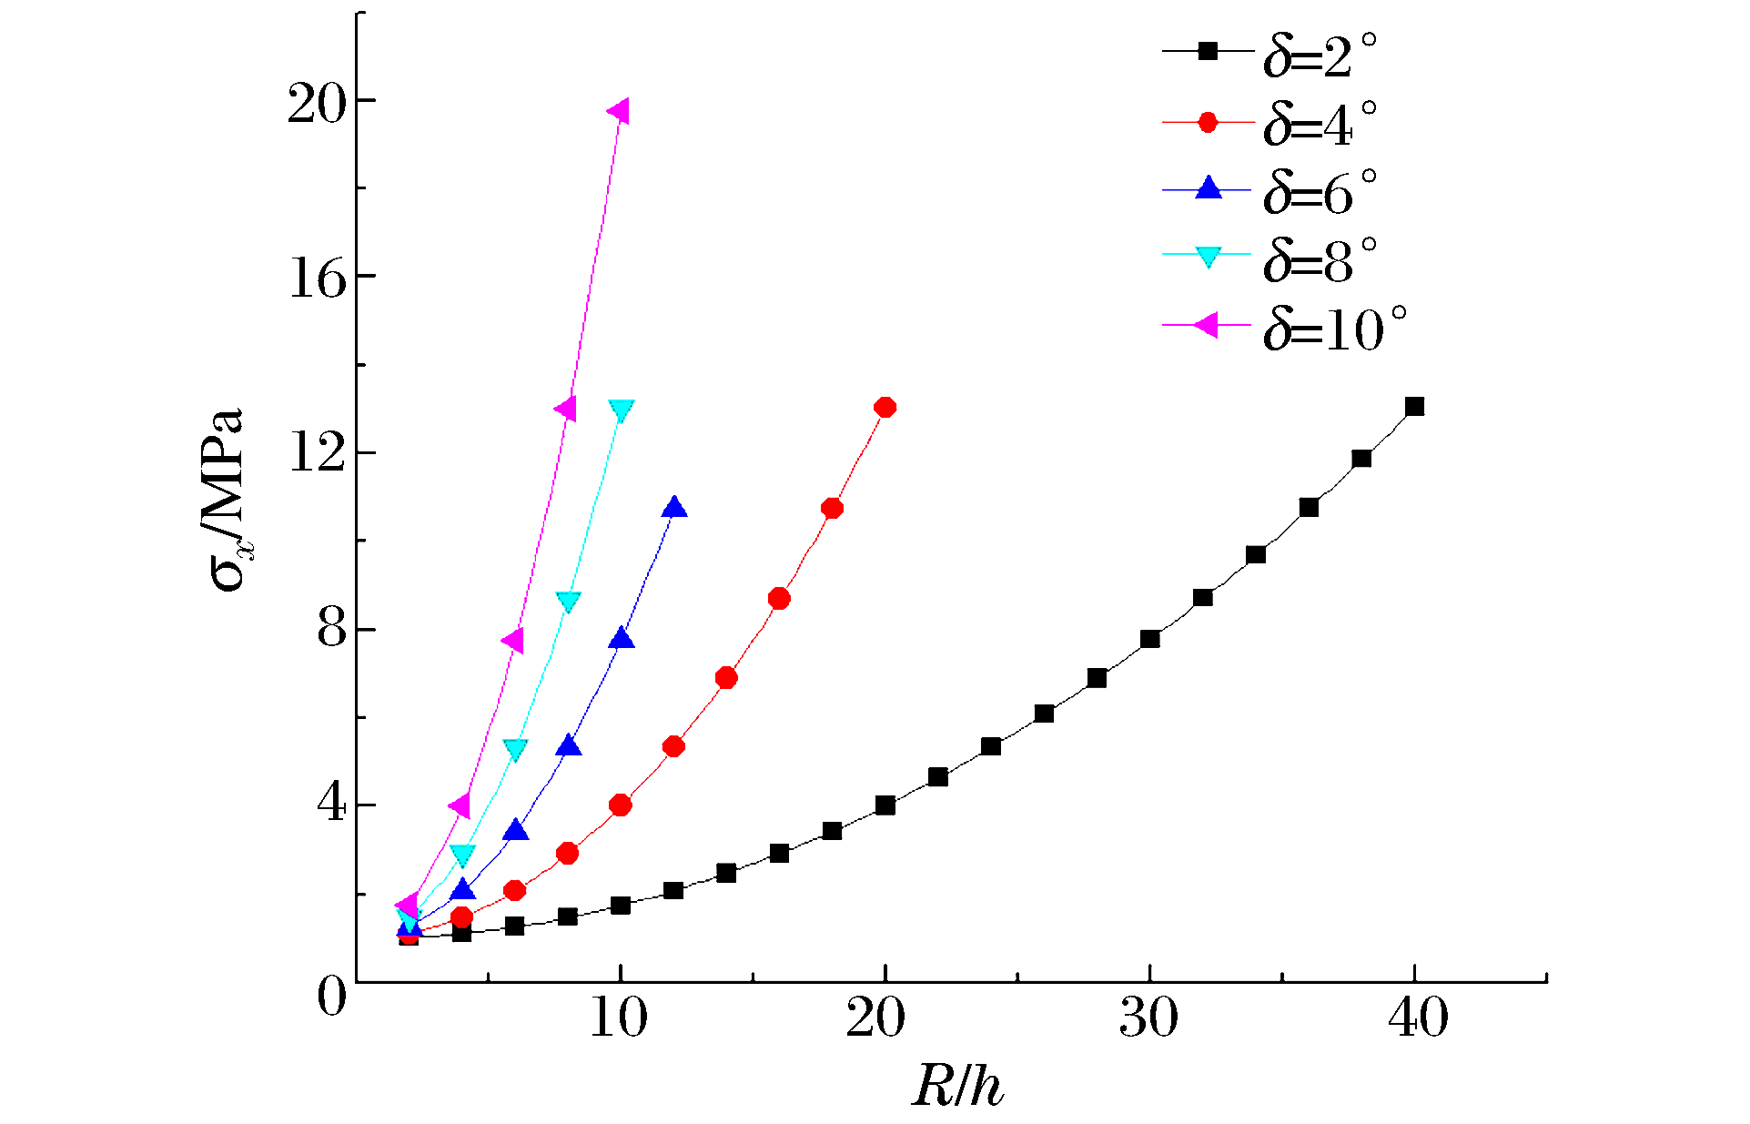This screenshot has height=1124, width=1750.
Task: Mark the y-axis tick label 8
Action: click(332, 630)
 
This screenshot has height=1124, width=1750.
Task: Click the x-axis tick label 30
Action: click(1148, 1018)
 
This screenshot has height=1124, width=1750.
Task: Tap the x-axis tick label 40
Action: click(1417, 1018)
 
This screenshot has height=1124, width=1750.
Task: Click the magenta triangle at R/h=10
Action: click(619, 112)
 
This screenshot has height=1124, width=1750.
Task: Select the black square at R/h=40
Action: click(1414, 406)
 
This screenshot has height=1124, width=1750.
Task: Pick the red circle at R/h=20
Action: click(885, 407)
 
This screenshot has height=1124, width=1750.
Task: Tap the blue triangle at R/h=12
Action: click(673, 508)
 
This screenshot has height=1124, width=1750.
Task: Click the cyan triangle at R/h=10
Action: click(621, 410)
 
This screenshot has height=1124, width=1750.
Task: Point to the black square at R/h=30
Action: click(1149, 639)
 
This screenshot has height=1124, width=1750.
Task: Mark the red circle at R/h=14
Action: click(726, 678)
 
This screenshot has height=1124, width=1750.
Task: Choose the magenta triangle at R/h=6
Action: click(513, 641)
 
